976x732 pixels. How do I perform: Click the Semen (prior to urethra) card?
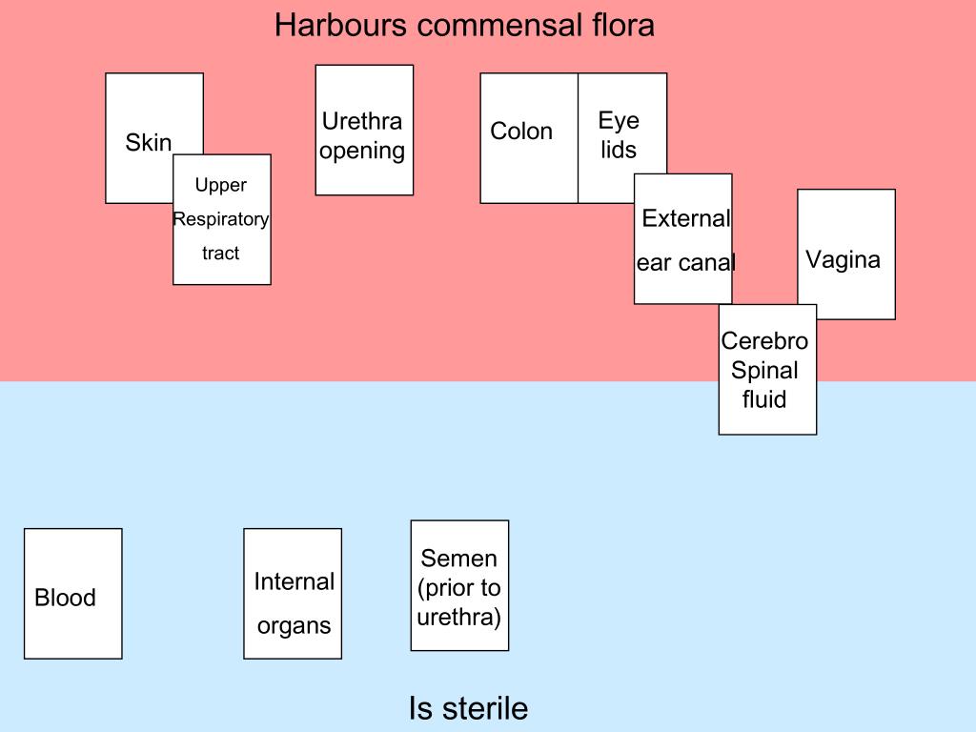tap(459, 585)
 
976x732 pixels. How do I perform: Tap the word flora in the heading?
tap(618, 25)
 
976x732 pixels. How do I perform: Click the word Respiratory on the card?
tap(221, 220)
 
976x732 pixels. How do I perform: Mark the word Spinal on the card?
tap(764, 370)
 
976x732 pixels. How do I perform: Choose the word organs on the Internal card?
tap(294, 626)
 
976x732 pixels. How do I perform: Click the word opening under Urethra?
tap(362, 151)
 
